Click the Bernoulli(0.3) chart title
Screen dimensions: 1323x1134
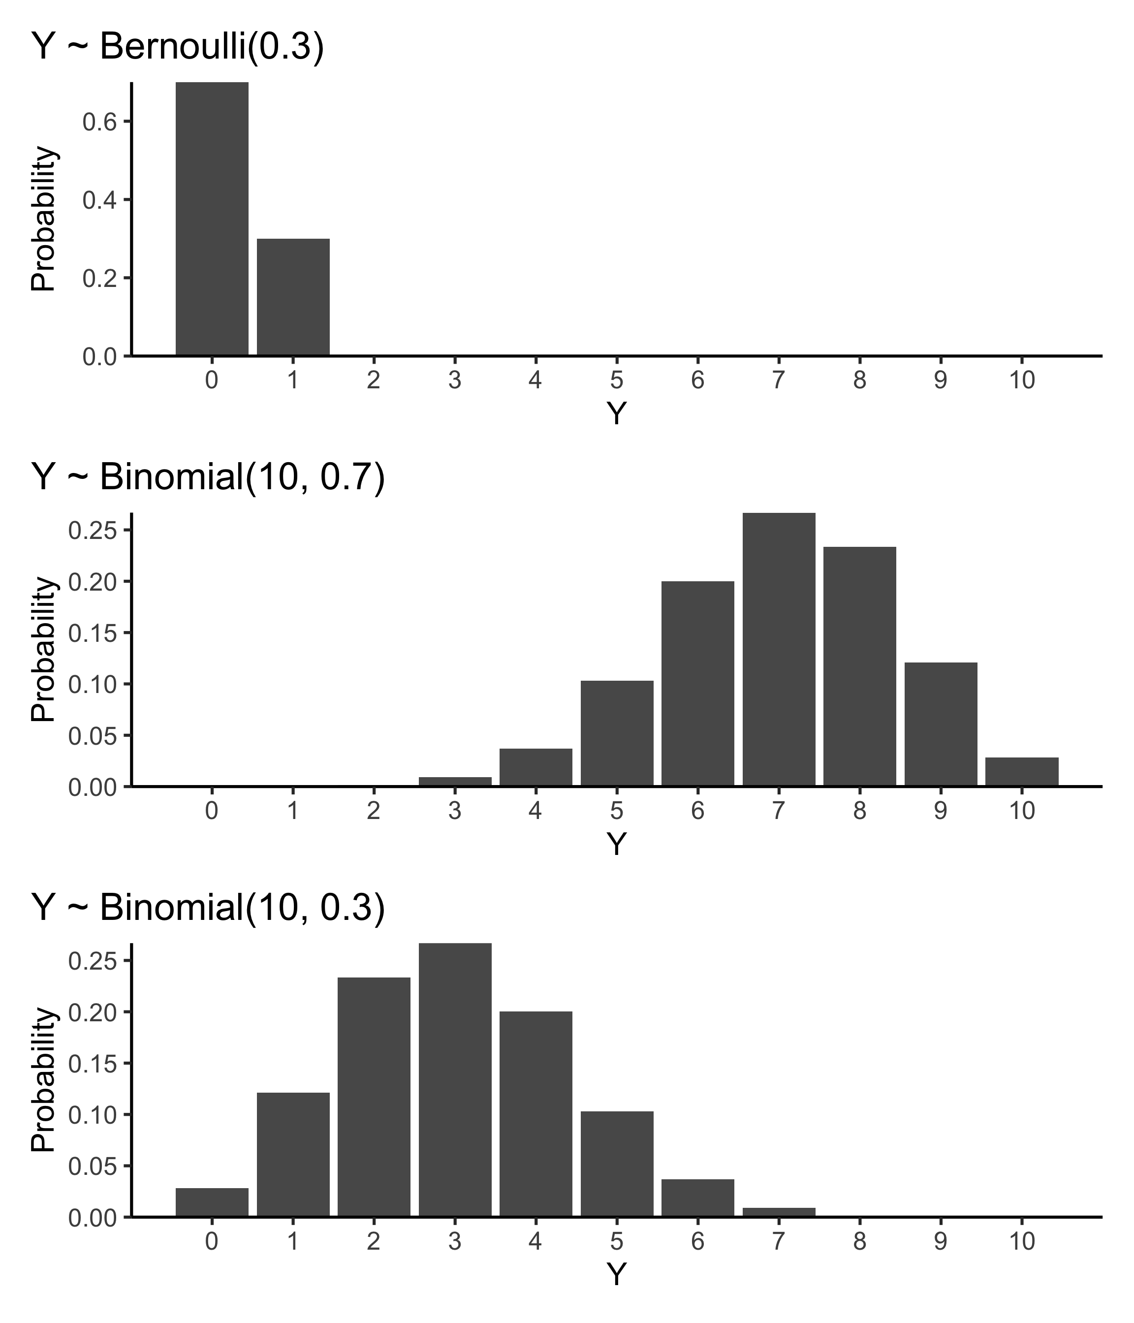point(178,47)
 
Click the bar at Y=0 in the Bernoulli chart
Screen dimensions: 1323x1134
point(212,219)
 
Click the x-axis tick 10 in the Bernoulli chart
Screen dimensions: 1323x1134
point(1022,380)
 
